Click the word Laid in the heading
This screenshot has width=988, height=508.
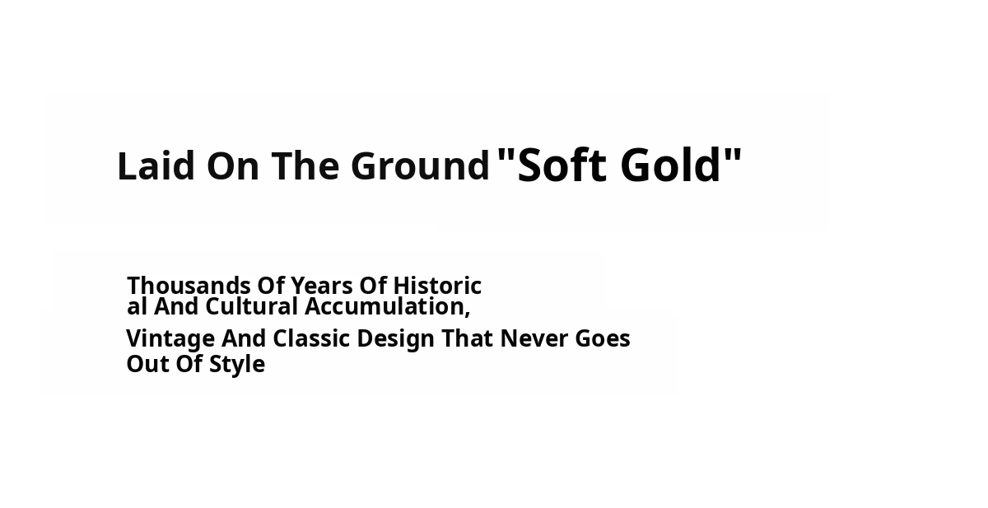point(156,165)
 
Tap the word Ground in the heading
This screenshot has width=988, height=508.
point(421,165)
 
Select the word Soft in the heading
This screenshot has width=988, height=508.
point(562,165)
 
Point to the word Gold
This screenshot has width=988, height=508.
point(670,165)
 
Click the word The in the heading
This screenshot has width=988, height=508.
point(305,165)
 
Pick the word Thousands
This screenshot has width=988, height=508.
point(189,286)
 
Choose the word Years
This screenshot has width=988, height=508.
point(322,286)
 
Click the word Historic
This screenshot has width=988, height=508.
point(437,286)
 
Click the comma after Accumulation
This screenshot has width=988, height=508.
point(467,313)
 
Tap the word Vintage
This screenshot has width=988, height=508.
point(170,339)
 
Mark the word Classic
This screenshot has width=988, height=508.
point(311,338)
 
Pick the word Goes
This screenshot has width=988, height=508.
point(603,338)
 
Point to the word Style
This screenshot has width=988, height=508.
point(237,365)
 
